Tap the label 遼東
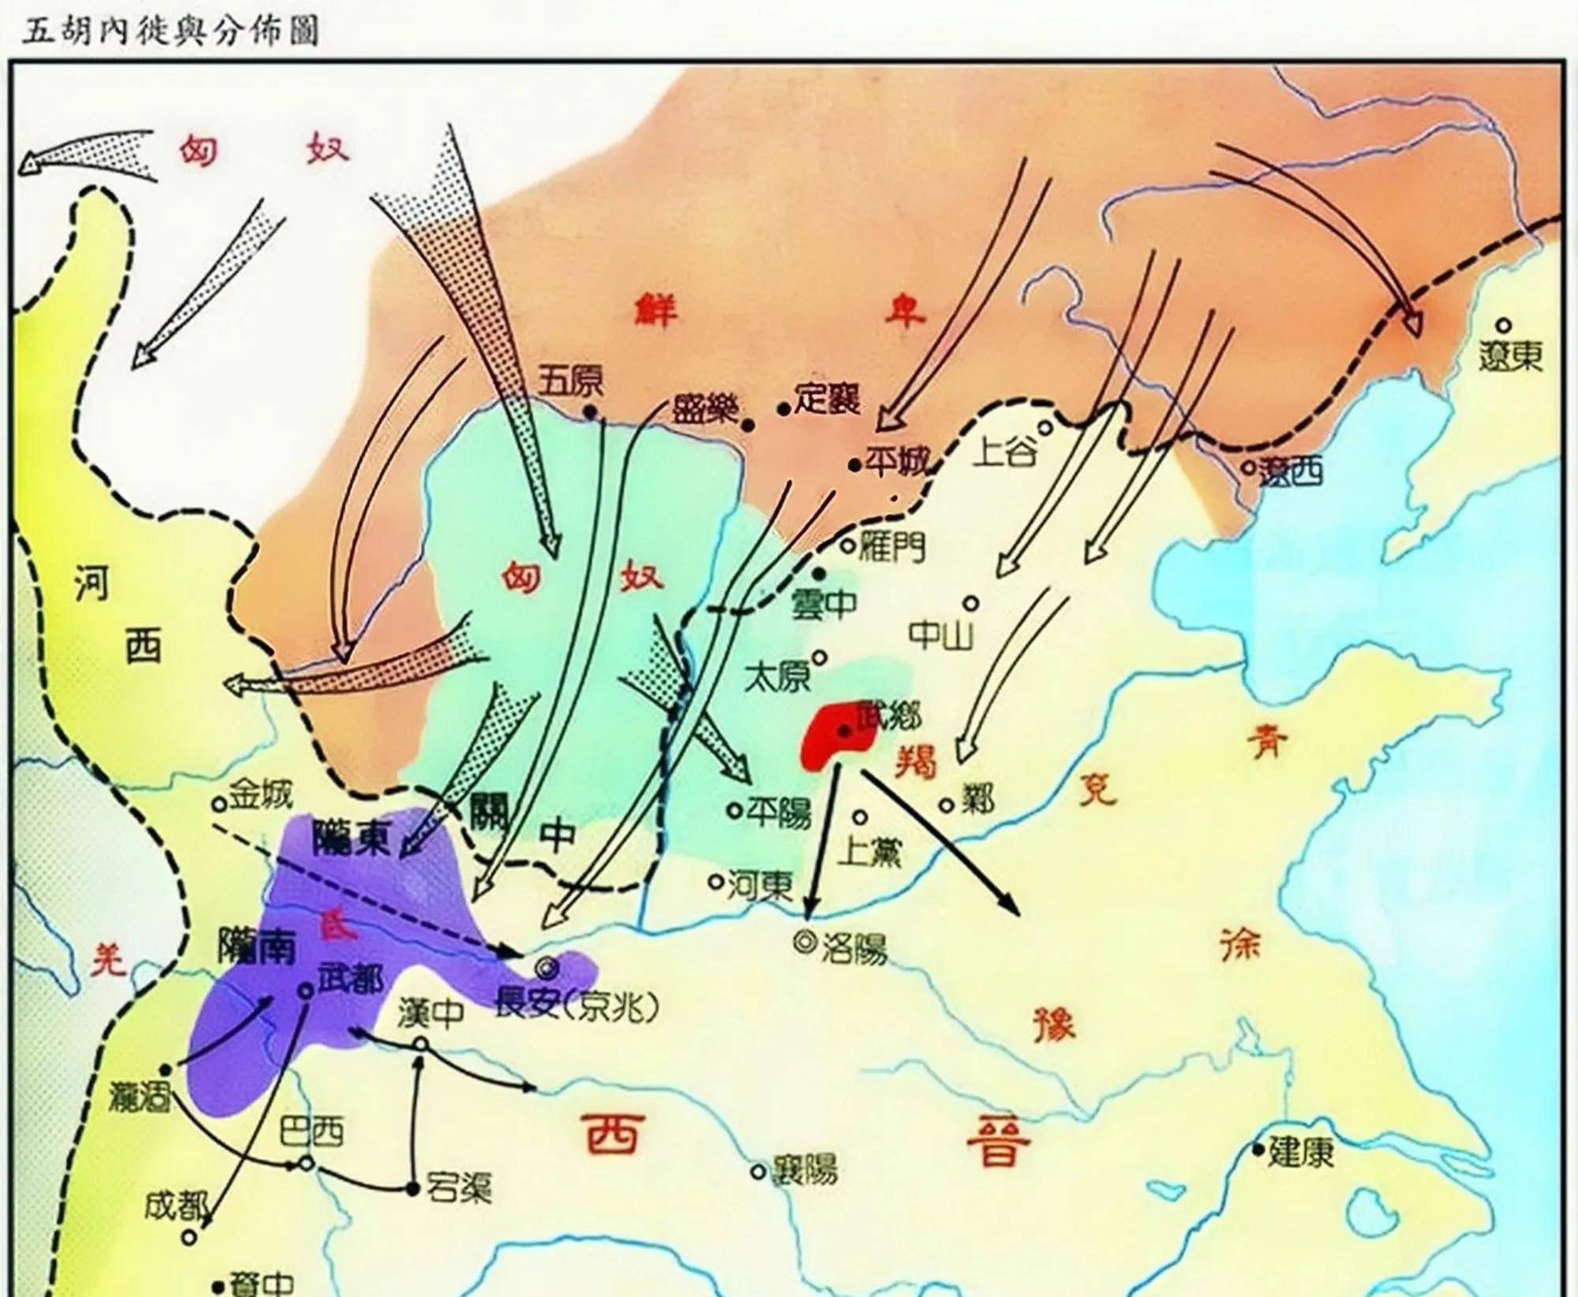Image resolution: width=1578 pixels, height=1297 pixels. click(x=1510, y=357)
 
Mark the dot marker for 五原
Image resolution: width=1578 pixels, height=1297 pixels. click(x=589, y=411)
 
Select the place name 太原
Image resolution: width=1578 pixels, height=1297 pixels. click(x=777, y=677)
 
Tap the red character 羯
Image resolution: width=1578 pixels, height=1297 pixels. click(x=915, y=763)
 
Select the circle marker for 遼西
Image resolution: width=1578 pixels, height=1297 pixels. click(x=1248, y=467)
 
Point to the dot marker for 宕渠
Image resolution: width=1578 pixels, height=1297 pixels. click(x=411, y=1189)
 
